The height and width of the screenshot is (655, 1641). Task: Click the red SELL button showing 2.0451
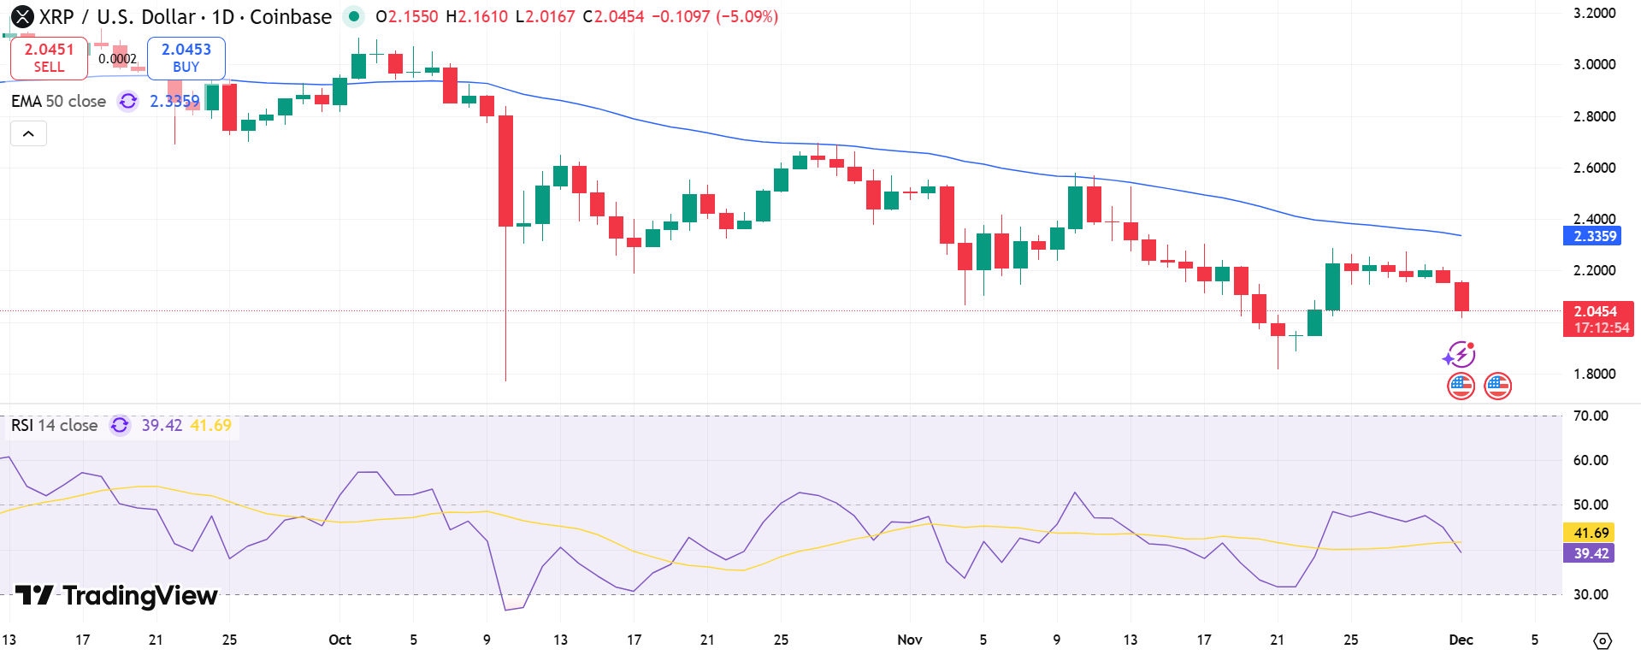pos(49,58)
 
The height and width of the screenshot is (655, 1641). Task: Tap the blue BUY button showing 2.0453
pos(186,58)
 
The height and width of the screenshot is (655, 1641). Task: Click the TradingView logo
pos(117,595)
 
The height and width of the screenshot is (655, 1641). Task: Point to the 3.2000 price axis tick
pos(1594,13)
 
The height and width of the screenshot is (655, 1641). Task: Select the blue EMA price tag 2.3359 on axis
pos(1591,236)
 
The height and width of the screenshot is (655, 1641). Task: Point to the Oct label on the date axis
pos(339,640)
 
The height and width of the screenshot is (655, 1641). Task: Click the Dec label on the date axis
pos(1461,640)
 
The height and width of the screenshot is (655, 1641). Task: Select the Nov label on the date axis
pos(910,640)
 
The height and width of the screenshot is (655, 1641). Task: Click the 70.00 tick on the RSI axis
pos(1591,416)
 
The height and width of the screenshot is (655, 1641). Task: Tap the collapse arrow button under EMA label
pos(28,133)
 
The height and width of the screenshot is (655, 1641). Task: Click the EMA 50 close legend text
pos(58,101)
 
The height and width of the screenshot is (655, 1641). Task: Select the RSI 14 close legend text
pos(54,425)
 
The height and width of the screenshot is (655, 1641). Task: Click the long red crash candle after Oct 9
pos(506,171)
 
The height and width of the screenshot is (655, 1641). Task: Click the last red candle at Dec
pos(1462,297)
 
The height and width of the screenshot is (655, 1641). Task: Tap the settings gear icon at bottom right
pos(1603,640)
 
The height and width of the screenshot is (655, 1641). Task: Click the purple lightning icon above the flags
pos(1459,354)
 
